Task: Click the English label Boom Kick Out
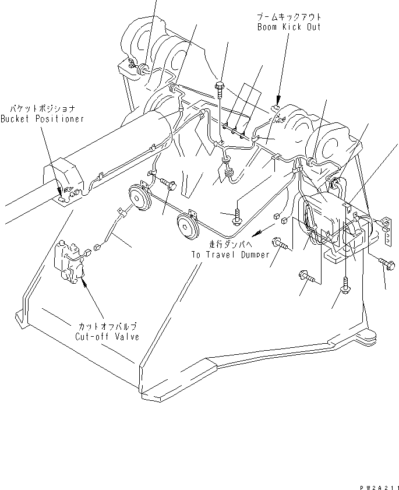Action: point(289,27)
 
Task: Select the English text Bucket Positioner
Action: point(42,119)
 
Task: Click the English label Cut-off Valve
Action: point(107,337)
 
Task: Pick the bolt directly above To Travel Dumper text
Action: point(238,217)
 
